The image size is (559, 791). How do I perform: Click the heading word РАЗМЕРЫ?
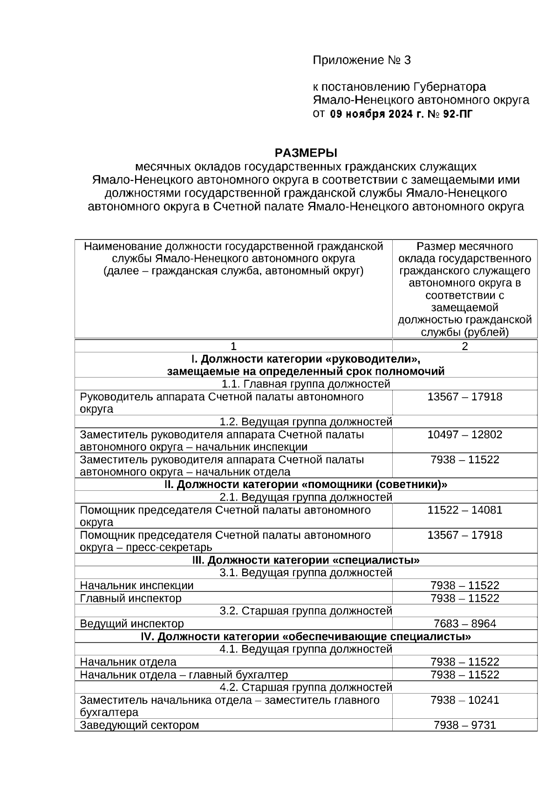[x=306, y=153]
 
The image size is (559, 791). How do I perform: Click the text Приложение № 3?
[x=362, y=60]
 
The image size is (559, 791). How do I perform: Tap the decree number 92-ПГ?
[x=457, y=113]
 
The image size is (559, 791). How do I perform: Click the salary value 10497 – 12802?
[x=464, y=434]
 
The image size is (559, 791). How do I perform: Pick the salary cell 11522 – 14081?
[x=464, y=509]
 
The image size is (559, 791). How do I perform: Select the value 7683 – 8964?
[x=464, y=623]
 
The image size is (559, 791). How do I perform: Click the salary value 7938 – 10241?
[x=464, y=700]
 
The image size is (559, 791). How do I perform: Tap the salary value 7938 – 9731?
[x=464, y=725]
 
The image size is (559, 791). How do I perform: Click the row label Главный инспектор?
[x=130, y=598]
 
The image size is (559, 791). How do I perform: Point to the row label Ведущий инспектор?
[x=132, y=623]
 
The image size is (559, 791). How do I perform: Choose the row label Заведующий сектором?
[x=139, y=725]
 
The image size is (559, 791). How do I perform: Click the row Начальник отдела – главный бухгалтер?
[x=184, y=674]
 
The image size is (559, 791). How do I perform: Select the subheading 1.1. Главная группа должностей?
[x=306, y=384]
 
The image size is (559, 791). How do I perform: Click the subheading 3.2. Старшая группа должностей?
[x=306, y=611]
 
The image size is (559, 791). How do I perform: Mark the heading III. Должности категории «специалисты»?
[x=306, y=560]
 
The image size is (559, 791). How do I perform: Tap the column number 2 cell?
[x=464, y=346]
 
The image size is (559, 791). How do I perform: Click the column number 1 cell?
[x=233, y=346]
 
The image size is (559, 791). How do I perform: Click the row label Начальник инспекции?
[x=136, y=585]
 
